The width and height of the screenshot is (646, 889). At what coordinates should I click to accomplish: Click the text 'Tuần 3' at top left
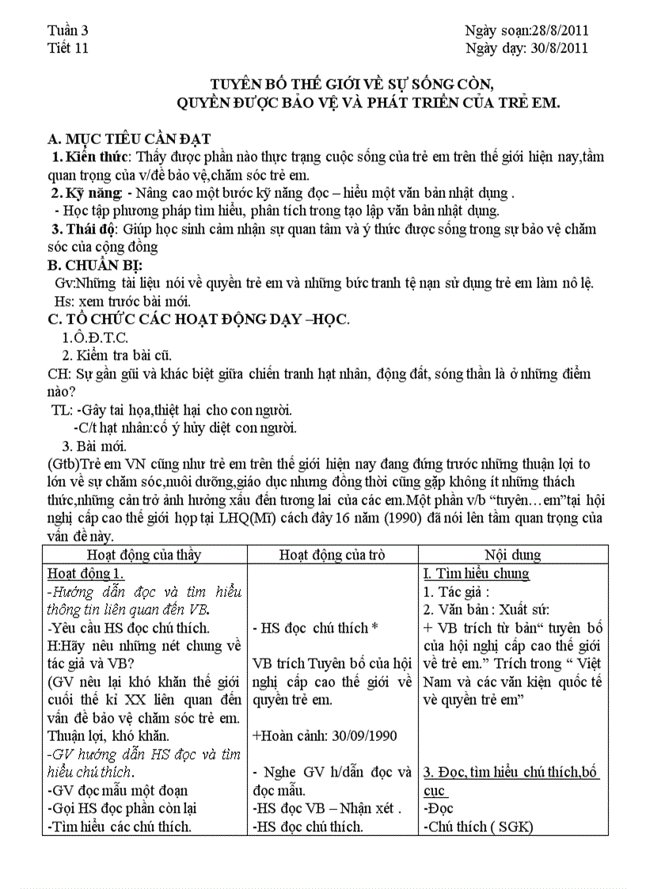tap(68, 31)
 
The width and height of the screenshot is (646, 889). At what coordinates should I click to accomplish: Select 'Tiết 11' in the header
tap(68, 47)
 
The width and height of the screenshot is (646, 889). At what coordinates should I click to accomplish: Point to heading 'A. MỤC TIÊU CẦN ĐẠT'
tap(130, 139)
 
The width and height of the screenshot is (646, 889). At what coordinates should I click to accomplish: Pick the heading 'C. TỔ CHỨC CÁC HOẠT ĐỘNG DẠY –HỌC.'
tap(199, 319)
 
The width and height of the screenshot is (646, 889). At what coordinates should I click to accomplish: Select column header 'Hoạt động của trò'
tap(332, 555)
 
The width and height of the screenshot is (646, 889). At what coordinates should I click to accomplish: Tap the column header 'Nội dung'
tap(513, 555)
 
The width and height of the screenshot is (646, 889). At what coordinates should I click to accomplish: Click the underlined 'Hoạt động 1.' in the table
tap(86, 574)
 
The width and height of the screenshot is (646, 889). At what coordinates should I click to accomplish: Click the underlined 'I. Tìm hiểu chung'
tap(477, 574)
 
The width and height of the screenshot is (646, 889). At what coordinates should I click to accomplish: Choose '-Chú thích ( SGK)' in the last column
tap(478, 826)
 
